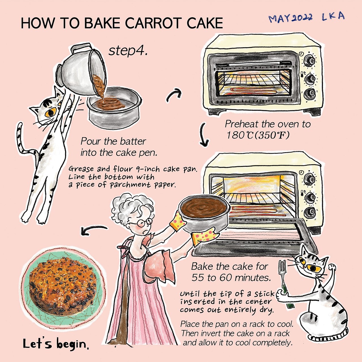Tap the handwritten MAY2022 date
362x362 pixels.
pos(291,18)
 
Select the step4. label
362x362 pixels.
pos(128,51)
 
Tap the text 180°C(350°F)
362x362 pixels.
pos(258,135)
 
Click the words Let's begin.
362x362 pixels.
pos(56,344)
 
